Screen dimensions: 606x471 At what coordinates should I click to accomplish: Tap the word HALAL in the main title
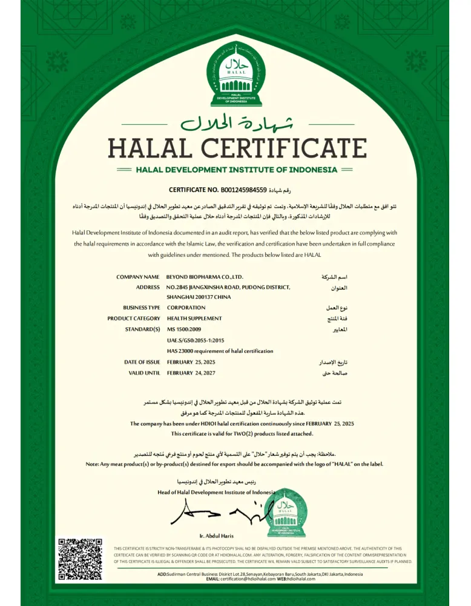(x=151, y=148)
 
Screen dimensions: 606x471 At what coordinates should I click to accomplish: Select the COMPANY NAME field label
(x=138, y=276)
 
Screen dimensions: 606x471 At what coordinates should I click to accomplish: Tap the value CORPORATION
(x=186, y=307)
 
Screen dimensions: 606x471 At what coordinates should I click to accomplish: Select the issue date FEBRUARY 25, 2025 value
(x=191, y=362)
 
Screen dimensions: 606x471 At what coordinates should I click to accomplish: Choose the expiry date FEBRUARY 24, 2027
(x=191, y=373)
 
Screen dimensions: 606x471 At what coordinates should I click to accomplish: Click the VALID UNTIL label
(x=144, y=373)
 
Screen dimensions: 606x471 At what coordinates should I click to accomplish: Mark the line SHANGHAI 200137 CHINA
(x=199, y=297)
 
